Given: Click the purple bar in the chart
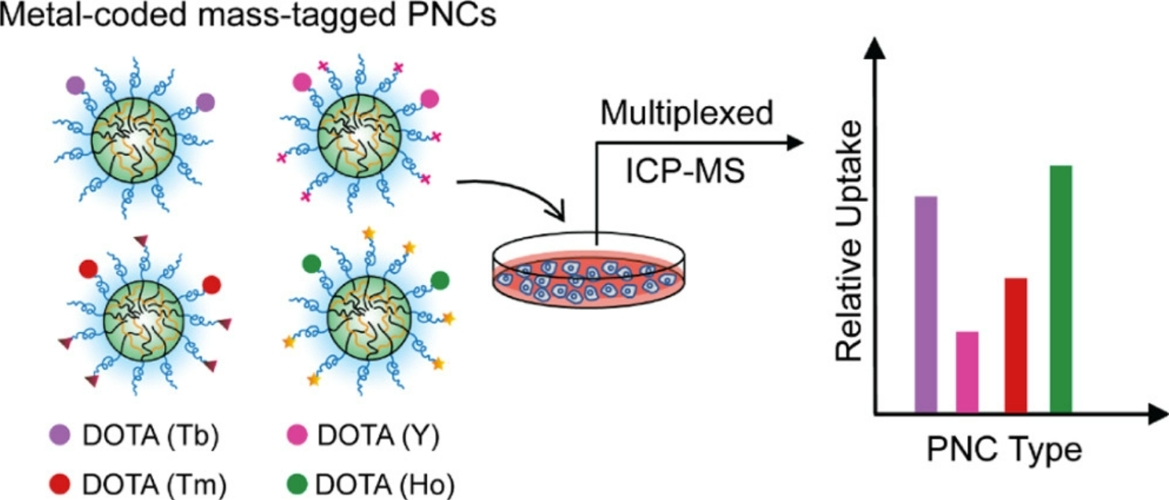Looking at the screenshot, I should [926, 304].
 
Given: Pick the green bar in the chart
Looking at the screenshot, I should [1061, 288].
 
